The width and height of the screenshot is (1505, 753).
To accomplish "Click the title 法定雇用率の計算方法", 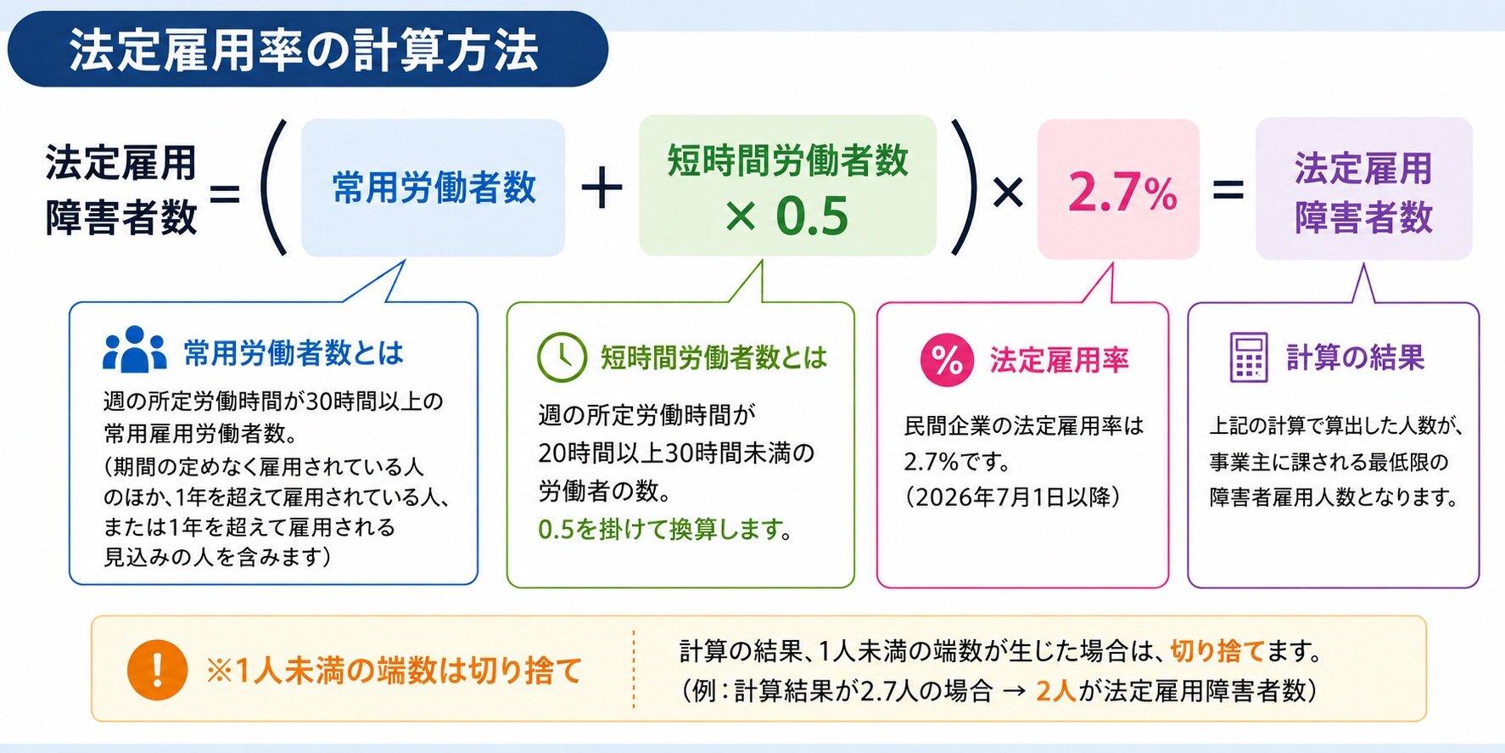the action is (304, 49).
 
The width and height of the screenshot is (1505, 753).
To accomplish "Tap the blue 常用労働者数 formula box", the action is (433, 188).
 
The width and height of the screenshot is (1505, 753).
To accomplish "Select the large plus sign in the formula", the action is (601, 188).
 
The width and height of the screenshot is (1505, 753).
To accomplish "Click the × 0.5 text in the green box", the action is (786, 216).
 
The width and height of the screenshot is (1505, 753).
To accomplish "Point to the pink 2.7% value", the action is (1122, 192).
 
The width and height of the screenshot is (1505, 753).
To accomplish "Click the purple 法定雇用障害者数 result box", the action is (1363, 188).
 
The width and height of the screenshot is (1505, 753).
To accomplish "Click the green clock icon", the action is (562, 357).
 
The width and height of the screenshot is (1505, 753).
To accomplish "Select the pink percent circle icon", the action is (947, 360).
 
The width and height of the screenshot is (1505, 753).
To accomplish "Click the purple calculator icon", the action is (1249, 357).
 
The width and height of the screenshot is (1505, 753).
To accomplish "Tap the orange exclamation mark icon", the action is (157, 670).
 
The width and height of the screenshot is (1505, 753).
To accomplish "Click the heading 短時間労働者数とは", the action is (713, 357).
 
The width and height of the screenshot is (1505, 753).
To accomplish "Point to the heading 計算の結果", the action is (1355, 357).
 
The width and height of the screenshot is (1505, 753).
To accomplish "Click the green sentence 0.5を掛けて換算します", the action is (665, 530).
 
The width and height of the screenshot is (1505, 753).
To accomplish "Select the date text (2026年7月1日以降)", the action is (1012, 497).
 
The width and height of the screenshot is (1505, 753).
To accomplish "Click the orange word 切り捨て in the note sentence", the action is (1217, 651).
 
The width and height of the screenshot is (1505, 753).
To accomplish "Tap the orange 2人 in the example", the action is (1056, 691).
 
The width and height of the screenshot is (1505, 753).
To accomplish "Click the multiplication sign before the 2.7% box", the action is (1008, 193).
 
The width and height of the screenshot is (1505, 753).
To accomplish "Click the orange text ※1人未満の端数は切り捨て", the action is (394, 671).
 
